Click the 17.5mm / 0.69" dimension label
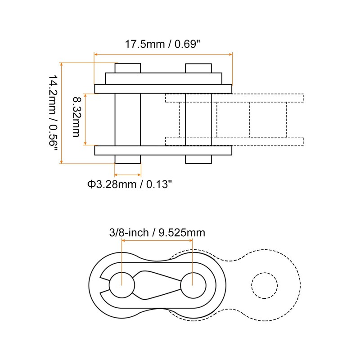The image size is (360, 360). (162, 45)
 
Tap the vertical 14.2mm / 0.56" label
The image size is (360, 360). (54, 113)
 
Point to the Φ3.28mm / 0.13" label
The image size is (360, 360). (129, 184)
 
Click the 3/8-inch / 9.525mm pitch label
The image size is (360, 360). (157, 233)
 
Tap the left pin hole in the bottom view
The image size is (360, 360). (122, 285)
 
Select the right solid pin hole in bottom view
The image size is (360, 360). (193, 285)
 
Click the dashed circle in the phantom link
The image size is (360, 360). (265, 285)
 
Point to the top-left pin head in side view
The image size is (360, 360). (128, 68)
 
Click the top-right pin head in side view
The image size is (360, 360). (198, 68)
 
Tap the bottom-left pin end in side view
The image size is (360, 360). (128, 159)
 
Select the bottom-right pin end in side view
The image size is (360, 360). (198, 159)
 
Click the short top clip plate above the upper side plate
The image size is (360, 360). (163, 78)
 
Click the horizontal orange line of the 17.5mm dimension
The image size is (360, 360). (162, 54)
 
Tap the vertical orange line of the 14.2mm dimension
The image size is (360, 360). (62, 113)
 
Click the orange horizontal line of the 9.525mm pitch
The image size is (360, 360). (157, 240)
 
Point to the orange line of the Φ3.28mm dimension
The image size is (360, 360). (128, 175)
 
